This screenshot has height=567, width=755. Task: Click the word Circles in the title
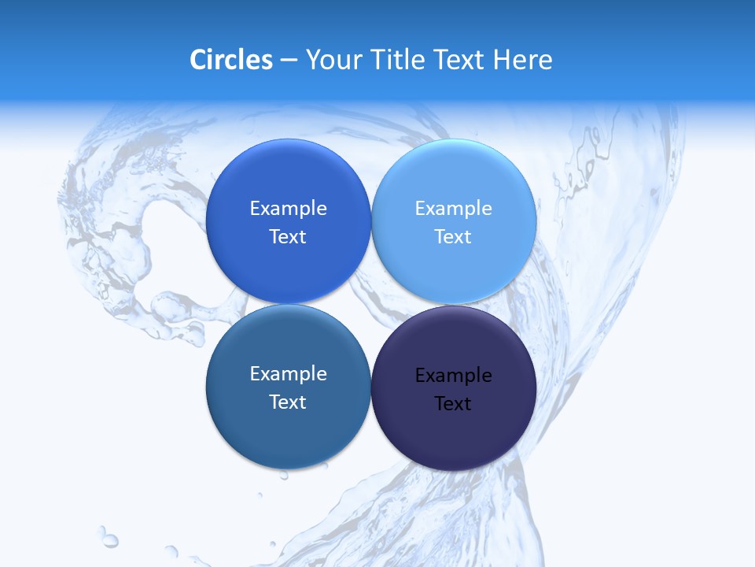pyautogui.click(x=231, y=60)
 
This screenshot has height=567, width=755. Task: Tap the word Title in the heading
pyautogui.click(x=402, y=60)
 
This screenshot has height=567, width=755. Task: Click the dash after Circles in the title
pyautogui.click(x=289, y=61)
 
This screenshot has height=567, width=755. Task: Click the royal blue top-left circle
pyautogui.click(x=288, y=181)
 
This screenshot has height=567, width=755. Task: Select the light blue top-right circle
pyautogui.click(x=454, y=181)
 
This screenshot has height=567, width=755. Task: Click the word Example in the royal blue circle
pyautogui.click(x=288, y=209)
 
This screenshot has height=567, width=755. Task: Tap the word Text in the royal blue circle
pyautogui.click(x=288, y=237)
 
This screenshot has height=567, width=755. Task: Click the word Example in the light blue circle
pyautogui.click(x=453, y=209)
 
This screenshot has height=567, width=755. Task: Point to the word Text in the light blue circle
pyautogui.click(x=453, y=237)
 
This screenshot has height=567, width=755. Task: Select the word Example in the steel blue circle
pyautogui.click(x=288, y=374)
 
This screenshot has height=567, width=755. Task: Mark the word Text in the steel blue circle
pyautogui.click(x=288, y=402)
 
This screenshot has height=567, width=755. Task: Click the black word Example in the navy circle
pyautogui.click(x=453, y=376)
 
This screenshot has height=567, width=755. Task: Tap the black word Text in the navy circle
pyautogui.click(x=453, y=404)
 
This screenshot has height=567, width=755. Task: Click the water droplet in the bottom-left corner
pyautogui.click(x=109, y=539)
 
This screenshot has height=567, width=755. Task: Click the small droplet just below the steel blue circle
pyautogui.click(x=284, y=475)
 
